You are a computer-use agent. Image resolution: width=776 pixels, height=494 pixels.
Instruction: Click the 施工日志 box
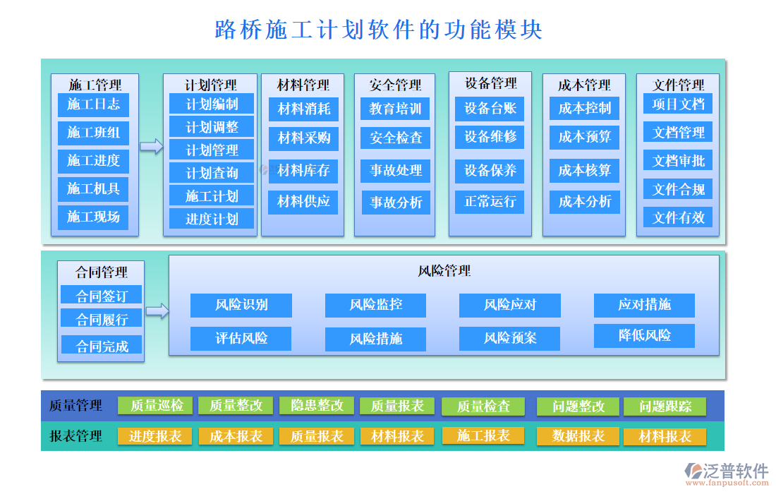pos(93,104)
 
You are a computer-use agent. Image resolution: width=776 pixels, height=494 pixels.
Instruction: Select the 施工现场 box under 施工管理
pos(93,217)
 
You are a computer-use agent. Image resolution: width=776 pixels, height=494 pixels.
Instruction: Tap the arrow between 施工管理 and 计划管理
pos(151,146)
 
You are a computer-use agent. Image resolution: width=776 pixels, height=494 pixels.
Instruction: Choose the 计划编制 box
pos(212,104)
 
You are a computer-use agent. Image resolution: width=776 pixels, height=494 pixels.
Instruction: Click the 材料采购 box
pos(303,138)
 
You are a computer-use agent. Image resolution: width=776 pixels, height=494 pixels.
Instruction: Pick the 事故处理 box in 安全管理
pos(396,170)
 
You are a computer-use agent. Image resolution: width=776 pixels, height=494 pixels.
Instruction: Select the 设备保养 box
pos(490,170)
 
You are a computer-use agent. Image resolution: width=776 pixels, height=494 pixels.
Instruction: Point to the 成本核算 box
pos(584,170)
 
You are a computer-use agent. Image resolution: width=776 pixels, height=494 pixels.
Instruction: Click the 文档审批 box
pos(678,160)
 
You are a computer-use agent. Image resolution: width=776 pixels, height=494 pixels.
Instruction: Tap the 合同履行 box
pos(102,319)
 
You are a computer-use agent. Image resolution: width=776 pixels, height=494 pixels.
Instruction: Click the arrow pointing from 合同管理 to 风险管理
pos(157,311)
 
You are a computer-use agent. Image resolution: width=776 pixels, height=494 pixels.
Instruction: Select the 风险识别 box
pos(241,305)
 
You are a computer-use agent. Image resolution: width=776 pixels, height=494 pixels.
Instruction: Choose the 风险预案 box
pos(509,338)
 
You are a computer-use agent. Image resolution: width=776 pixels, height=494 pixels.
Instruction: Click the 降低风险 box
pos(644,335)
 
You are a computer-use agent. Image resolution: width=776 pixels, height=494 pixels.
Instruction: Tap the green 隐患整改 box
pos(317,405)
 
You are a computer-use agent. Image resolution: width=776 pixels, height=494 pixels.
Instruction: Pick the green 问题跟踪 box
pos(665,406)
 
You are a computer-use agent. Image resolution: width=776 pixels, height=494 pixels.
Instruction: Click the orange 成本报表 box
pos(236,436)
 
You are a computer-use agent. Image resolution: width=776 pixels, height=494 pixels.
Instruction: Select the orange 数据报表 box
pos(578,436)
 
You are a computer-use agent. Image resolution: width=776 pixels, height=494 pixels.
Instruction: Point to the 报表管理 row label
pos(75,436)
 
